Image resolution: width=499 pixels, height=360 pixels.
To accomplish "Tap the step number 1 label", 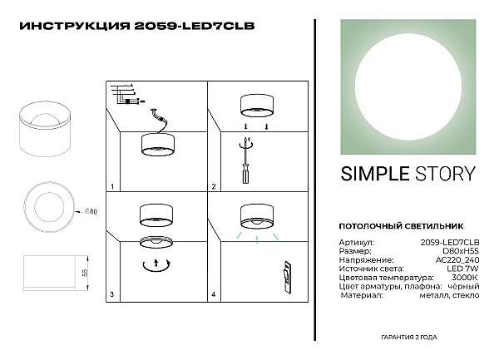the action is click(112, 187).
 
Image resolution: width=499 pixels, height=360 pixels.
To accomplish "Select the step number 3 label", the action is click(111, 294).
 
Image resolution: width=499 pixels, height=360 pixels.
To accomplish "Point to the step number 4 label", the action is click(213, 294).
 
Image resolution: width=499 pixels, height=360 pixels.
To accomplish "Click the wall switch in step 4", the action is click(287, 278).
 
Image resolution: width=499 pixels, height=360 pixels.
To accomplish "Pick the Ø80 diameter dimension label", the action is click(91, 211).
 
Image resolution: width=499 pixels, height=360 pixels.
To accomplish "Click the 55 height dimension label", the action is click(85, 273).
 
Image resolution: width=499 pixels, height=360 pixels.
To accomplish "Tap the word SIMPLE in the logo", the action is click(375, 174).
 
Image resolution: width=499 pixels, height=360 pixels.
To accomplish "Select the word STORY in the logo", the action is click(445, 174).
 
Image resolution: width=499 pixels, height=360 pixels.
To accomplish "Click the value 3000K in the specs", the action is click(465, 278).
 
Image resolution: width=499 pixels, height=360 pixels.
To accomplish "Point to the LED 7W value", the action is click(462, 269).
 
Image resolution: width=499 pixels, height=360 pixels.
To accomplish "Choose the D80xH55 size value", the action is click(461, 251).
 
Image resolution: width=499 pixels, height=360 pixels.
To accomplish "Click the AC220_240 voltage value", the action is click(457, 260).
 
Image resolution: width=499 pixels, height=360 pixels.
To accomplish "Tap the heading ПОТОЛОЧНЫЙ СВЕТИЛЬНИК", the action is click(401, 226).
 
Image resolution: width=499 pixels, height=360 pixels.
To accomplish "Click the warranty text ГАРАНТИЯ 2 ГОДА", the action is click(409, 338).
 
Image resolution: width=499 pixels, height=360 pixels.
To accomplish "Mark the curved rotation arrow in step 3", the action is click(156, 267).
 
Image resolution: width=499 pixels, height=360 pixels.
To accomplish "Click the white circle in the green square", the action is click(408, 86).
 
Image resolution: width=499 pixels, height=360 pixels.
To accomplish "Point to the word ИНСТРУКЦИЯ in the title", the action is click(75, 26).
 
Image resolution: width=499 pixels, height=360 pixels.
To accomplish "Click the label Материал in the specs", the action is click(362, 295).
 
